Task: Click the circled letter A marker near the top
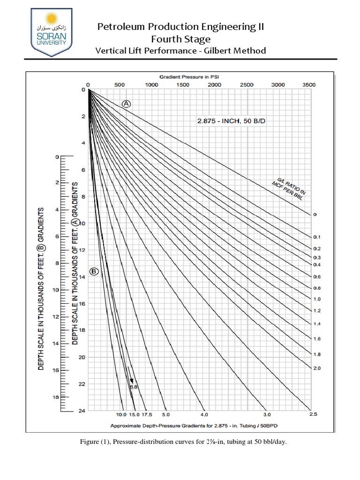[x=126, y=104]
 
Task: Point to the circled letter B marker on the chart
[x=94, y=271]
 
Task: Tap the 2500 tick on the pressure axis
[x=246, y=85]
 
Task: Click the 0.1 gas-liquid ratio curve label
[x=316, y=237]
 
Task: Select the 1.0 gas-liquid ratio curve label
[x=316, y=299]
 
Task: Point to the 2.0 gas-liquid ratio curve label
[x=316, y=368]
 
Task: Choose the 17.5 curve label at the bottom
[x=147, y=415]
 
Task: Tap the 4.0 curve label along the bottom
[x=204, y=415]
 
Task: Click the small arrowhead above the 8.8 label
[x=132, y=380]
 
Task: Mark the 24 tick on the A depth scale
[x=82, y=411]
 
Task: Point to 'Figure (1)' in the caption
[x=92, y=442]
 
